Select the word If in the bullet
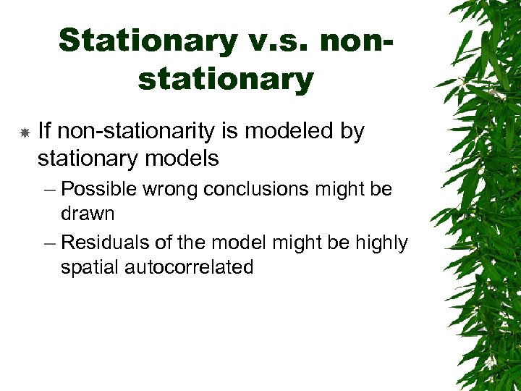[x=44, y=132]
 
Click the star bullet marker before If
[x=24, y=133]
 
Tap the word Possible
[x=101, y=190]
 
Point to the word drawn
[x=88, y=214]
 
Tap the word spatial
[x=90, y=267]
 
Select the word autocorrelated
[x=189, y=267]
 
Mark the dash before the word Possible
[x=48, y=190]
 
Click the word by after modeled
[x=353, y=132]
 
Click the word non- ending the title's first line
[x=357, y=41]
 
